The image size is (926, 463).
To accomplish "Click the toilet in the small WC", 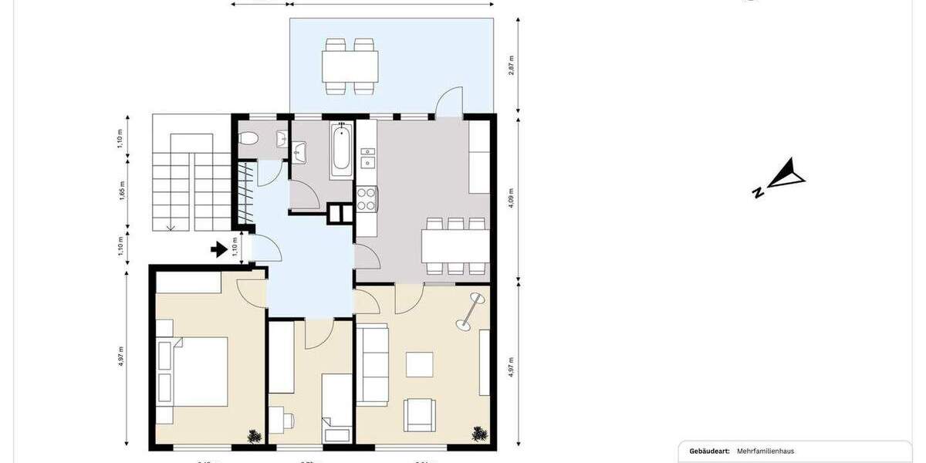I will click(x=248, y=140).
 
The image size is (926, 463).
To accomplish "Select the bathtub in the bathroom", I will click(x=340, y=150).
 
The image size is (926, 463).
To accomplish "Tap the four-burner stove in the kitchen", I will click(x=365, y=199).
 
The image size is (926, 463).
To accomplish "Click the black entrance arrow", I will click(x=219, y=249).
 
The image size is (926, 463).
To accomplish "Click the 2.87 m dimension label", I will click(x=512, y=64).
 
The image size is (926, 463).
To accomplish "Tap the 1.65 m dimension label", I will click(x=122, y=190).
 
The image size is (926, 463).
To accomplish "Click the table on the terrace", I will click(x=351, y=66).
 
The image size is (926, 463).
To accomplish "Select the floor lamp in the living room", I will click(x=468, y=313).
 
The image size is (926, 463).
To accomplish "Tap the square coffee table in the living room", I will click(x=420, y=364).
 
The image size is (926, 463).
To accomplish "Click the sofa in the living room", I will click(x=373, y=365).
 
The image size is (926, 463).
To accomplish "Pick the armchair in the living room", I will click(x=420, y=414).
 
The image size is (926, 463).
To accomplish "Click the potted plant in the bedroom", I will click(x=254, y=436).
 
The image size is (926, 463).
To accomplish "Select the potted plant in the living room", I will click(x=478, y=434).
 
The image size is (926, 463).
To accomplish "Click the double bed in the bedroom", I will click(x=197, y=371).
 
